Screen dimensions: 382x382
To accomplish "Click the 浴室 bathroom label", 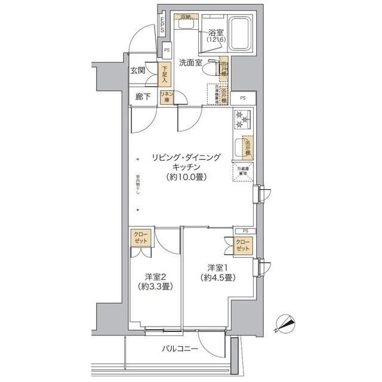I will point(215,33).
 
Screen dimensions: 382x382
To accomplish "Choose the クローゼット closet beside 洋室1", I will point(242,244).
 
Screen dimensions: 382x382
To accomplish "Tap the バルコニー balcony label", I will point(180,348).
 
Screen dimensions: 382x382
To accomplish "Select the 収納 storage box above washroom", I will point(182,17).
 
